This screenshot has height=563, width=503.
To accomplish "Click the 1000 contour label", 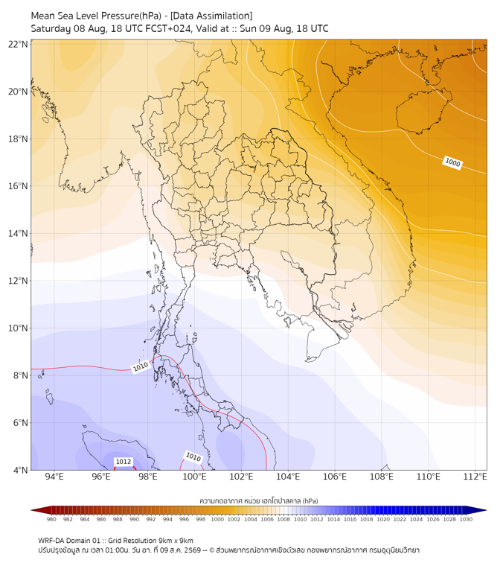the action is (x=452, y=162).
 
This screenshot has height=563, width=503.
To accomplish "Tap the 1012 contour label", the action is (x=123, y=462).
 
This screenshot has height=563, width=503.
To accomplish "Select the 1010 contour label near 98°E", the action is (x=141, y=366).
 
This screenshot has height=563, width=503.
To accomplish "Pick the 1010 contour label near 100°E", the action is (x=193, y=457).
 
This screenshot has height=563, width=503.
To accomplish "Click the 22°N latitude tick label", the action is (x=18, y=45).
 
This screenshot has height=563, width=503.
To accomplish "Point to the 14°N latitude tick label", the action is (x=18, y=234).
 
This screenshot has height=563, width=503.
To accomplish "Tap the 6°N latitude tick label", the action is (x=20, y=423).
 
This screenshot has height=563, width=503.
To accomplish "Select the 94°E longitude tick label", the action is (x=54, y=477).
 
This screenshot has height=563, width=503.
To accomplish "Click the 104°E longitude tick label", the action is (x=288, y=477).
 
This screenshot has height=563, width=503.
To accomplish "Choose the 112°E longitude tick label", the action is (x=475, y=477).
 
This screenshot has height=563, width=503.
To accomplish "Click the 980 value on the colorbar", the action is (x=51, y=519).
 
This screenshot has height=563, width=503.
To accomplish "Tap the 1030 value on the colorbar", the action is (x=466, y=519).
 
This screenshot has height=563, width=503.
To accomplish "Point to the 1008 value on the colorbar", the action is (x=283, y=519).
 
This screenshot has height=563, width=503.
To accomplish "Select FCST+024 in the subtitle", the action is (x=168, y=29).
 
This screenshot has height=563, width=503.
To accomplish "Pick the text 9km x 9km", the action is (x=176, y=541).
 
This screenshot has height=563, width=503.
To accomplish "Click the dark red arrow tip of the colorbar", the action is (x=32, y=510).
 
